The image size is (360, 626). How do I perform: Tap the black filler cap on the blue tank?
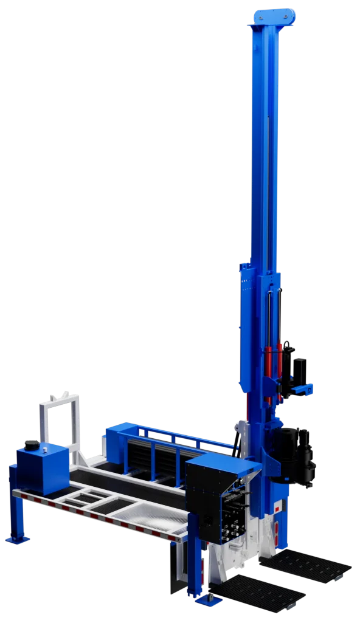(30, 445)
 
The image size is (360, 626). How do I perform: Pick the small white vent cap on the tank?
(45, 448)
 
